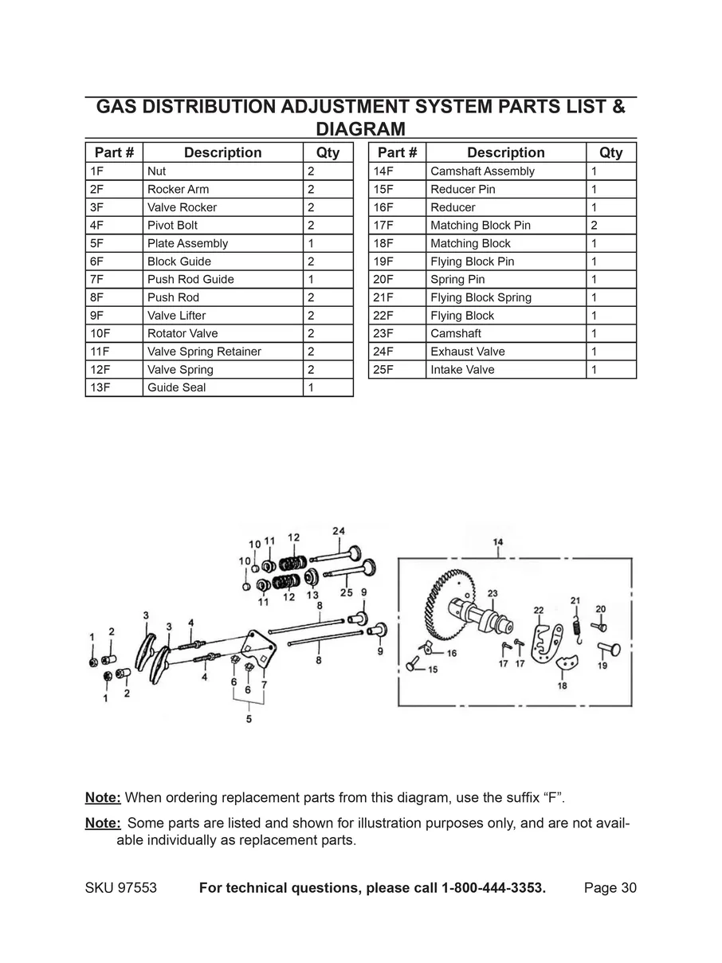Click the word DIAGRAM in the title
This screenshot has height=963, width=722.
(x=360, y=128)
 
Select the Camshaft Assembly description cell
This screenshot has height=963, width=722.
(x=482, y=171)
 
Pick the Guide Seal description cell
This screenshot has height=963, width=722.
(x=176, y=387)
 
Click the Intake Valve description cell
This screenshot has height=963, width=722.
(x=462, y=370)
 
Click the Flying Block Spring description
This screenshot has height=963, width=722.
(x=481, y=298)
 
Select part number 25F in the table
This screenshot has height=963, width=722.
(x=384, y=370)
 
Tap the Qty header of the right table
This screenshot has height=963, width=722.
(x=610, y=152)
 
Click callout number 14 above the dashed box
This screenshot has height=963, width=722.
(x=498, y=542)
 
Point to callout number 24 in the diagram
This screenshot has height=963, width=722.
(x=339, y=532)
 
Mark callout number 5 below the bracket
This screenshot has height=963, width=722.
(x=249, y=720)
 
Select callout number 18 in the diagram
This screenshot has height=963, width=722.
(x=562, y=686)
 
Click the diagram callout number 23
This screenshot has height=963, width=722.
(x=492, y=593)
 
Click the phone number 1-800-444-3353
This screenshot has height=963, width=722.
(x=493, y=889)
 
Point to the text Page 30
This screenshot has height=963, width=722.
(x=610, y=889)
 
